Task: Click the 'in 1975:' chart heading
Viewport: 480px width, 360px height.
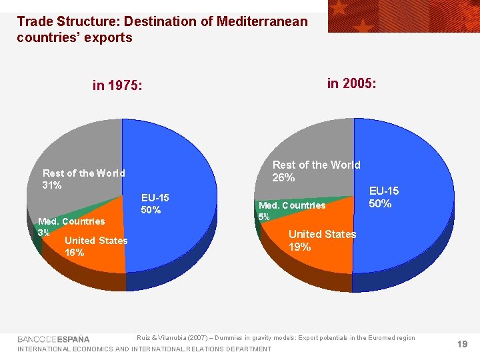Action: [117, 86]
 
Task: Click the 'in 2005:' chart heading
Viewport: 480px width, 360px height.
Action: [351, 83]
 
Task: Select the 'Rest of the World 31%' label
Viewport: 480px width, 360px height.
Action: [83, 179]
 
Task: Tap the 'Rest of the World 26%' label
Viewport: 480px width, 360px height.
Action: [316, 171]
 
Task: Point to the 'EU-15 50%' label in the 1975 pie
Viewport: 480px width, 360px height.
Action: [155, 204]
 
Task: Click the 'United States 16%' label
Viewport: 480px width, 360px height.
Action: [96, 247]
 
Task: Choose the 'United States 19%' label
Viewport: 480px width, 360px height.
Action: [322, 241]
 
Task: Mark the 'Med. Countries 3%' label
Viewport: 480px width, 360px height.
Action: [71, 227]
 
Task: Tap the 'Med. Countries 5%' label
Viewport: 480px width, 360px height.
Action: [291, 211]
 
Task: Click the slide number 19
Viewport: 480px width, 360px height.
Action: [463, 344]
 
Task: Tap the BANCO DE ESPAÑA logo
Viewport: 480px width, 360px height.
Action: [53, 339]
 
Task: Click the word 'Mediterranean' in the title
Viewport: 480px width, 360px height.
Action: [263, 21]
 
